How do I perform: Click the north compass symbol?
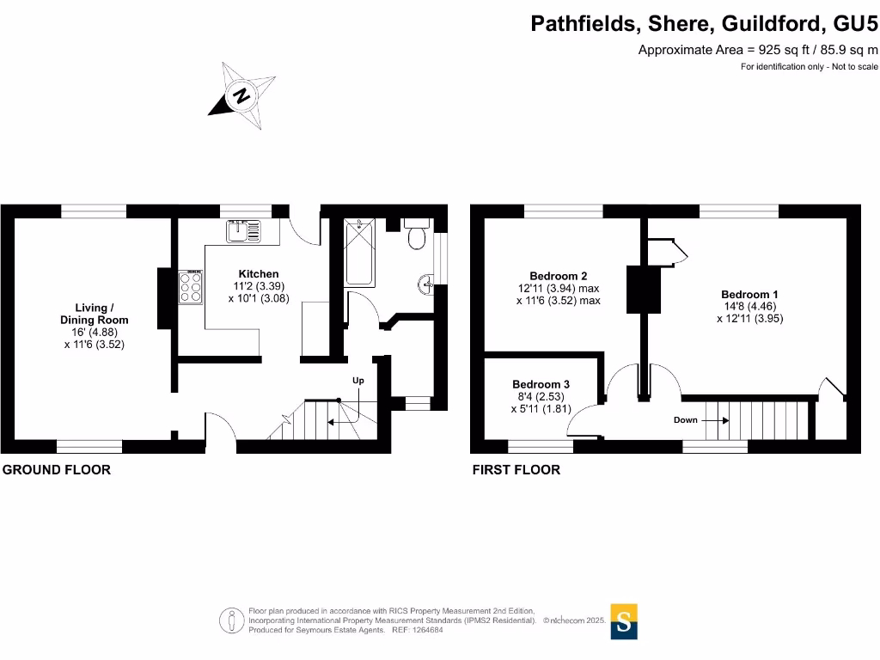pos(242,95)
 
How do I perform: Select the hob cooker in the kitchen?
pos(191,287)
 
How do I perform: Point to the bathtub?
pos(358,253)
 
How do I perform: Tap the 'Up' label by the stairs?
pos(358,380)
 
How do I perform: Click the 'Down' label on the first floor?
pos(686,420)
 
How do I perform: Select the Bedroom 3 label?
pos(541,384)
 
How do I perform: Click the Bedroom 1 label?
pos(749,295)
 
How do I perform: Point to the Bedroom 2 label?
pos(558,276)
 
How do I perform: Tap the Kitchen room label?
pos(259,274)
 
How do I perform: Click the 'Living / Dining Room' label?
pos(94,314)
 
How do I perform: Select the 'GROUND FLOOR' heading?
pos(58,470)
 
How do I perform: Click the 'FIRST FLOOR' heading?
pos(516,470)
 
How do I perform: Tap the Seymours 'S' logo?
pos(624,621)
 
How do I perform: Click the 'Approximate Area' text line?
pos(757,50)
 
